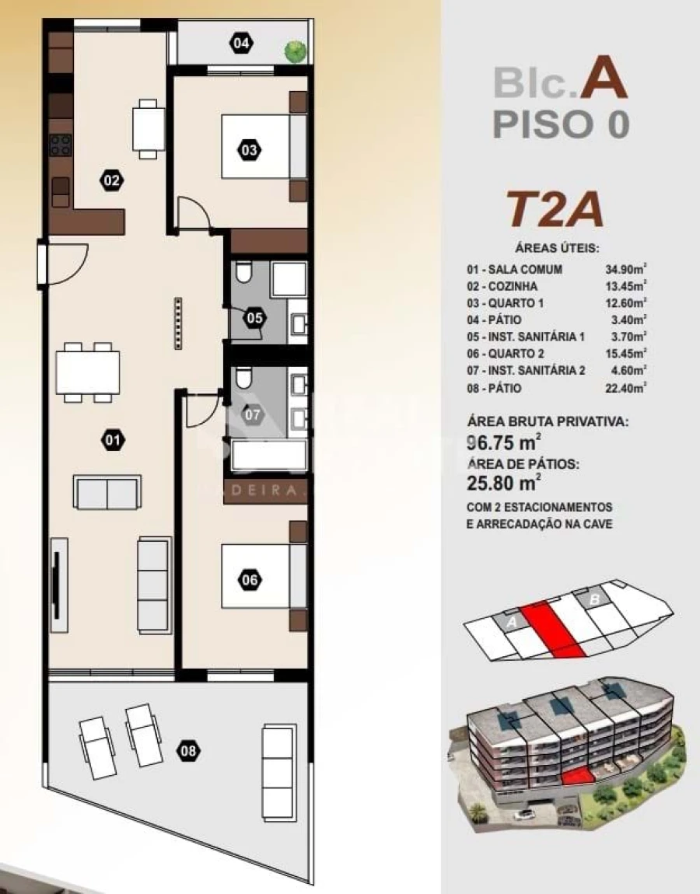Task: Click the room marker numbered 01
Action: coord(113,441)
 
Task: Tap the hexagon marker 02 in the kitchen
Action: coord(111,181)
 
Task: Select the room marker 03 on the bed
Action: coord(249,150)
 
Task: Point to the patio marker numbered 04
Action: coord(241,43)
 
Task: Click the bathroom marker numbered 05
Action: coord(254,318)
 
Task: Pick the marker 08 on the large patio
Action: coord(188,751)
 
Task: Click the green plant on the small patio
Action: coord(294,51)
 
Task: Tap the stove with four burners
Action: coord(61,145)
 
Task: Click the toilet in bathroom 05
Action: coord(243,274)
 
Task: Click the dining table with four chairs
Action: coord(89,372)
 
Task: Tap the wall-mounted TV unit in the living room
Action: coord(59,579)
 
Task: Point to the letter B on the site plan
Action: coord(593,599)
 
